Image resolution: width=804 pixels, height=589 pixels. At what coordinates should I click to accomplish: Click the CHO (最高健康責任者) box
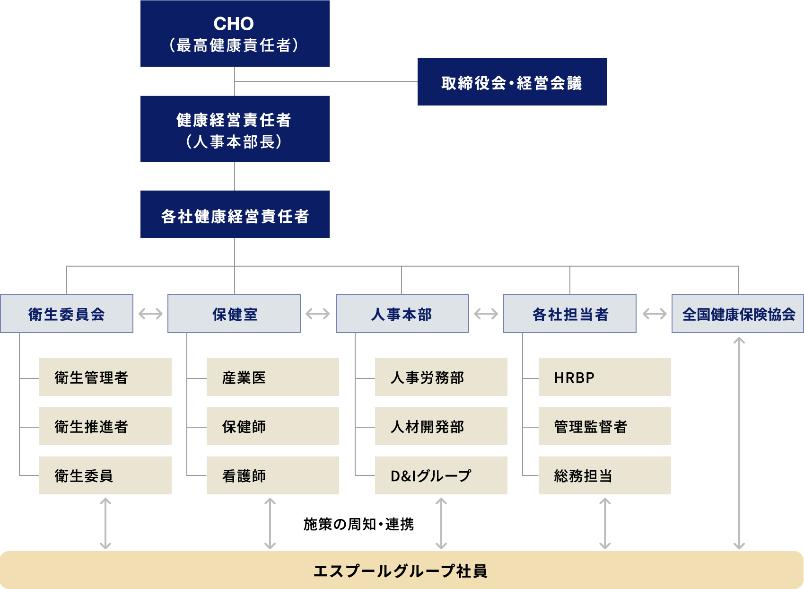(x=235, y=33)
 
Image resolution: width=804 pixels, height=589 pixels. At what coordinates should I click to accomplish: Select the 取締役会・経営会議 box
(x=512, y=82)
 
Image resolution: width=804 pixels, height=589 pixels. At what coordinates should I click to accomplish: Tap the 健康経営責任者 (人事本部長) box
(x=235, y=129)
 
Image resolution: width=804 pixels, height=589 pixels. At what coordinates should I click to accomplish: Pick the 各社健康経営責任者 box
(x=235, y=214)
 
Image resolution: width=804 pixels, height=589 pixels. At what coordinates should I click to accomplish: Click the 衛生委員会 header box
(x=67, y=314)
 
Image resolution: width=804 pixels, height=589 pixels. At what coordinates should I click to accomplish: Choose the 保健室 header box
(x=234, y=314)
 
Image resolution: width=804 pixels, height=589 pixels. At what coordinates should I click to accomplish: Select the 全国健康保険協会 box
(x=738, y=314)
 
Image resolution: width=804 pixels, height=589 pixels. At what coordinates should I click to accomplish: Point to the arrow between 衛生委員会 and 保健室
(x=150, y=314)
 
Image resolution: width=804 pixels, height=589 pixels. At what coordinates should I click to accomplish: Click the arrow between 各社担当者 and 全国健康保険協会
(x=655, y=314)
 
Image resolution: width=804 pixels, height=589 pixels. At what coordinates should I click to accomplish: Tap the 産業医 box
(x=272, y=377)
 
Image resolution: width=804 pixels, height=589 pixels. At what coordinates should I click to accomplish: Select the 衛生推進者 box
(x=105, y=426)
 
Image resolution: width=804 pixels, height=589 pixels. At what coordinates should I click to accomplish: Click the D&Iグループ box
(x=441, y=475)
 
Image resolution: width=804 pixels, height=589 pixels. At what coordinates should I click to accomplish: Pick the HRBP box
(x=604, y=377)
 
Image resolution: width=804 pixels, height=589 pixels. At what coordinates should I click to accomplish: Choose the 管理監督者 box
(x=604, y=426)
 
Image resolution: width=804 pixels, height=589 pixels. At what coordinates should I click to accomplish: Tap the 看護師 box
(x=272, y=475)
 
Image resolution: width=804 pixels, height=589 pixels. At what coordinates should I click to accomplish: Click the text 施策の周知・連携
(x=358, y=524)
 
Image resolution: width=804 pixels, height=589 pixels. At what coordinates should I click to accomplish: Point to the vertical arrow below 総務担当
(x=605, y=523)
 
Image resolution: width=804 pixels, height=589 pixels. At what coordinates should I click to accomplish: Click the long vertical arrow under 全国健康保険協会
(x=739, y=442)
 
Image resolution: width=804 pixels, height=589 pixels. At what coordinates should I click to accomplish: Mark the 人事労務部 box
(x=441, y=377)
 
